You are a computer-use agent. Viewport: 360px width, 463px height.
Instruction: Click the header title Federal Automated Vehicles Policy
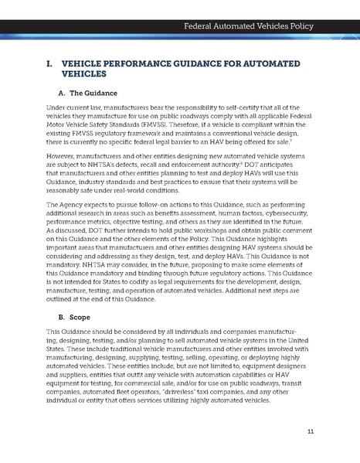[x=248, y=26]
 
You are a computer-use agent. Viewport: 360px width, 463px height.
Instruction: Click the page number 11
[x=311, y=431]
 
